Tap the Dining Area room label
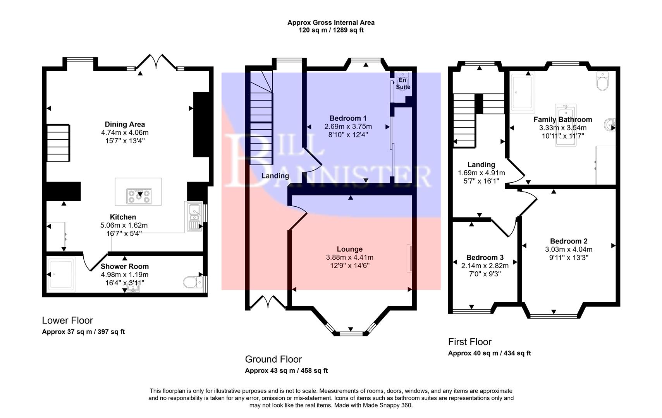[125, 124]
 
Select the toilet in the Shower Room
[191, 282]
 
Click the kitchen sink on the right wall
[194, 217]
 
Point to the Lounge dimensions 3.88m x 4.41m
[349, 257]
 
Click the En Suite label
[403, 84]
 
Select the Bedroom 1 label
[348, 118]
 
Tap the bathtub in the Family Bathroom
[566, 125]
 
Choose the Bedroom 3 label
[485, 257]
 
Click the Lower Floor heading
[67, 320]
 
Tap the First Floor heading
[469, 342]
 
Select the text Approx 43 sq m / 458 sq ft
[286, 370]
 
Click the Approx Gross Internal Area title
[331, 22]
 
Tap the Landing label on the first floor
[481, 164]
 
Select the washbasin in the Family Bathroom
[609, 125]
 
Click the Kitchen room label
[123, 217]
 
